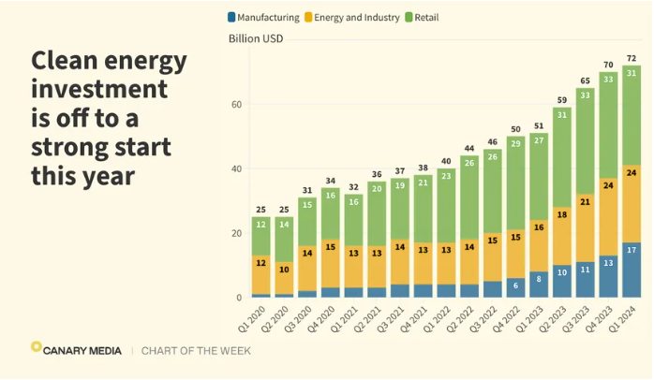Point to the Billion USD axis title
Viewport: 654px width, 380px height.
pos(256,38)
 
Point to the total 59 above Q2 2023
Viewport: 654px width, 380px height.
pos(562,99)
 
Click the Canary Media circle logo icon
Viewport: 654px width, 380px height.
pos(37,348)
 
